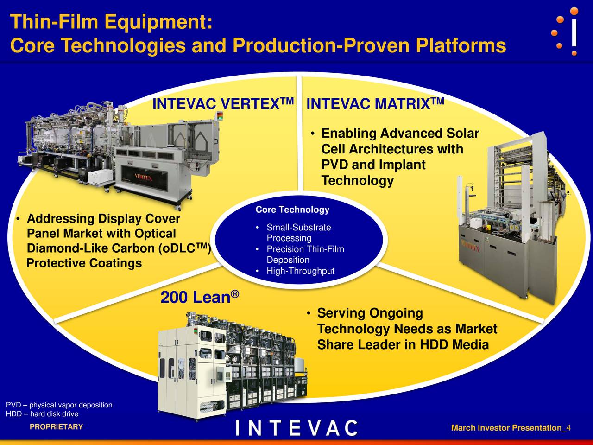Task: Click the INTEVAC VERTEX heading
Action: click(x=223, y=104)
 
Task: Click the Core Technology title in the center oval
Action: click(x=292, y=210)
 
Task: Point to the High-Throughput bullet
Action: click(x=300, y=271)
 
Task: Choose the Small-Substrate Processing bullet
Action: click(x=298, y=233)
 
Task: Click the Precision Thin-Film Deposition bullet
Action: click(x=304, y=254)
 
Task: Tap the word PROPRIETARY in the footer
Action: click(x=56, y=427)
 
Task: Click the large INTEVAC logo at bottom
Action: click(x=296, y=428)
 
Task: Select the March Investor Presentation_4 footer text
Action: click(x=511, y=428)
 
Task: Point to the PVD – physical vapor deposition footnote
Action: click(x=59, y=405)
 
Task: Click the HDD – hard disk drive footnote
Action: click(x=42, y=414)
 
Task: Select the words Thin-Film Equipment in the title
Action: click(x=111, y=22)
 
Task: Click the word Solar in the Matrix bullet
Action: click(x=462, y=133)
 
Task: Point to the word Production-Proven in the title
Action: click(x=322, y=46)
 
